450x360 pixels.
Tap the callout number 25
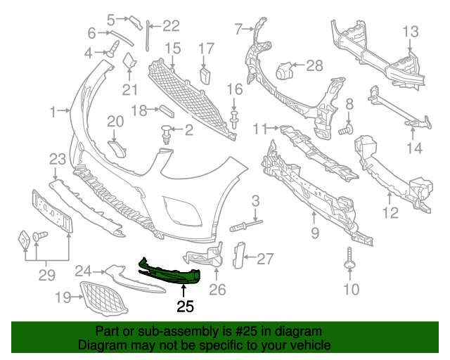pyautogui.click(x=185, y=306)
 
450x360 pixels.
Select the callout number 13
pyautogui.click(x=410, y=31)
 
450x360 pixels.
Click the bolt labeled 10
pyautogui.click(x=349, y=262)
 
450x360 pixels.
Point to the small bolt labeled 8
pyautogui.click(x=345, y=130)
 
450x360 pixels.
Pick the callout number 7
pyautogui.click(x=238, y=29)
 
